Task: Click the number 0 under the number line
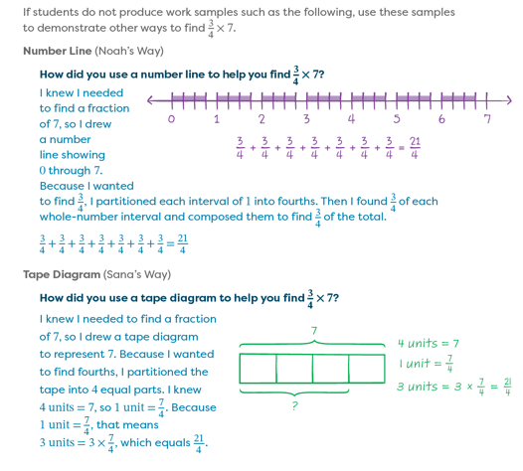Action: pyautogui.click(x=171, y=118)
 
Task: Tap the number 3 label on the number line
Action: pyautogui.click(x=306, y=118)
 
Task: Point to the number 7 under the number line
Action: pyautogui.click(x=487, y=118)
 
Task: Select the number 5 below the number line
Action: pyautogui.click(x=397, y=118)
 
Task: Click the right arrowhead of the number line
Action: pyautogui.click(x=509, y=100)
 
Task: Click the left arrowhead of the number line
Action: pyautogui.click(x=150, y=100)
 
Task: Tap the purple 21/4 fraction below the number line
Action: pyautogui.click(x=415, y=148)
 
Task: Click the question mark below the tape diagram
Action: pyautogui.click(x=295, y=405)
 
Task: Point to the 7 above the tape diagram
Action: pyautogui.click(x=314, y=331)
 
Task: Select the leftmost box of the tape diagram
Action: pyautogui.click(x=258, y=369)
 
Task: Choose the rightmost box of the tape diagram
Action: pyautogui.click(x=367, y=369)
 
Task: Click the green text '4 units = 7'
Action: pyautogui.click(x=429, y=343)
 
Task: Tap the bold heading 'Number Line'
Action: pyautogui.click(x=57, y=51)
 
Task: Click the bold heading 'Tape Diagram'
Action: pyautogui.click(x=62, y=274)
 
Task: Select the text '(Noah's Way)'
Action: pyautogui.click(x=129, y=51)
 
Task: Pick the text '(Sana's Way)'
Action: pyautogui.click(x=137, y=274)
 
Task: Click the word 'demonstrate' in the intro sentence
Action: pyautogui.click(x=72, y=28)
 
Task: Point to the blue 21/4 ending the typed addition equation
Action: pyautogui.click(x=182, y=243)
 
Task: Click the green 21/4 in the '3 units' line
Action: pyautogui.click(x=508, y=386)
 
